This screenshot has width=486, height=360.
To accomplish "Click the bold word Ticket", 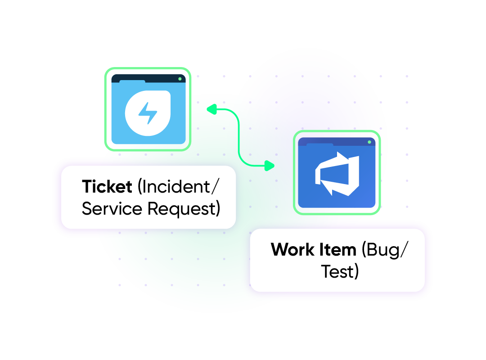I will coord(107,186).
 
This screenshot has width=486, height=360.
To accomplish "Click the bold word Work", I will coord(292,249).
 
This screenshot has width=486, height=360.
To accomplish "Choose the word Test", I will coord(338,271).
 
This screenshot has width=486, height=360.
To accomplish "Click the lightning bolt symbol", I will coord(147,113).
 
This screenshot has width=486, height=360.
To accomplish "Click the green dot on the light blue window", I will coord(180,79).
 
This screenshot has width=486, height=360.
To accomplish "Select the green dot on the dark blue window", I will coord(369,142).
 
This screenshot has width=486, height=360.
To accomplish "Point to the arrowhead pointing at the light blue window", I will coord(210,108).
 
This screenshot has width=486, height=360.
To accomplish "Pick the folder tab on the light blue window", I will coord(132,82).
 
